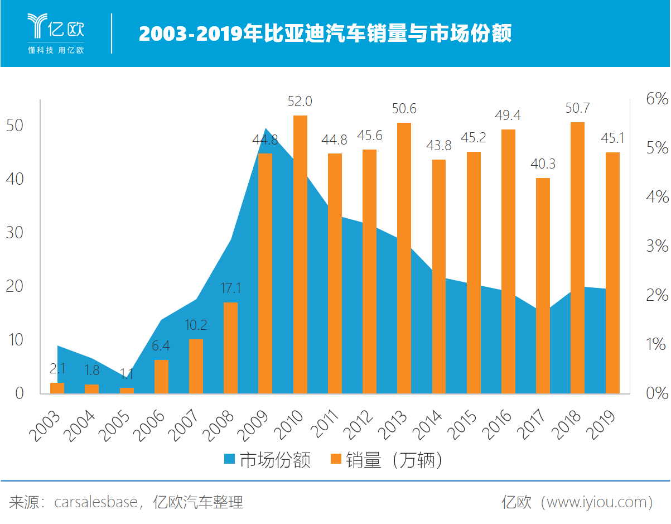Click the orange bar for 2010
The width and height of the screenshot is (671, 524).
[300, 254]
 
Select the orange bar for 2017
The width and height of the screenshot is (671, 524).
[543, 286]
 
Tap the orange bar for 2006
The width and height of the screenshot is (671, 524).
[161, 377]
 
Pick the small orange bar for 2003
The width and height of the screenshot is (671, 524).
[57, 388]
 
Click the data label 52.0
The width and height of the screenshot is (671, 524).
[300, 102]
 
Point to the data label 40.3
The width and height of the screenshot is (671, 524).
[543, 165]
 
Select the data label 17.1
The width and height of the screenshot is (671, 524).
[230, 289]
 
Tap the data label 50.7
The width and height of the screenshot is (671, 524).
[577, 108]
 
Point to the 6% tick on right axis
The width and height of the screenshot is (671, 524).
[656, 99]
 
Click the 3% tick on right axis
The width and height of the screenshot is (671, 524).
[656, 246]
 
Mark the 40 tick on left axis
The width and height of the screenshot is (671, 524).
[15, 179]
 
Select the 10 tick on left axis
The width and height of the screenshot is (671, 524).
[15, 340]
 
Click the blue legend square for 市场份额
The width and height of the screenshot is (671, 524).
[229, 459]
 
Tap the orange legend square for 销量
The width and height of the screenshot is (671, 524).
[335, 459]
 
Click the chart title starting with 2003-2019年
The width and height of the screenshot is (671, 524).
[325, 34]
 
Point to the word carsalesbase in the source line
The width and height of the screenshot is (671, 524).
[95, 502]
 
